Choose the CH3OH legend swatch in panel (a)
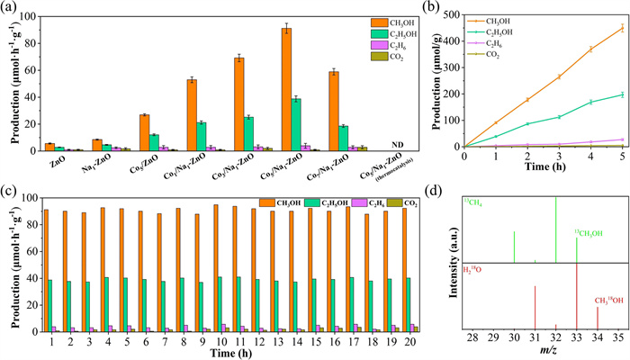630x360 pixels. pyautogui.click(x=344, y=21)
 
